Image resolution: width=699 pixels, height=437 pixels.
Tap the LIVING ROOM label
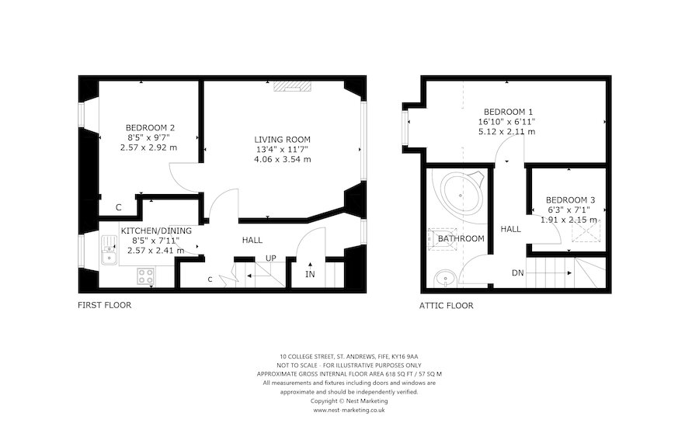click(282, 140)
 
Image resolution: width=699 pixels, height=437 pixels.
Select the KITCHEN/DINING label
click(156, 231)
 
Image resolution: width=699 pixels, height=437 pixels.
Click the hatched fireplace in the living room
click(291, 85)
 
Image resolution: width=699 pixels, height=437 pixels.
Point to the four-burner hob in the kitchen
click(145, 276)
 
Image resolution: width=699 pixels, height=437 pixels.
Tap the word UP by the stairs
click(270, 258)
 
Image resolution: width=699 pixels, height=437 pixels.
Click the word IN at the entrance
click(310, 275)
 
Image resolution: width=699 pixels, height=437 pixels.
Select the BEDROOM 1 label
click(508, 112)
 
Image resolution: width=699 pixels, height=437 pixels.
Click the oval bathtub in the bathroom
click(463, 195)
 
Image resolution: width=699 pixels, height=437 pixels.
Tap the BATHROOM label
click(461, 239)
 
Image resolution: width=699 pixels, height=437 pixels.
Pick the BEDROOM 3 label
click(570, 200)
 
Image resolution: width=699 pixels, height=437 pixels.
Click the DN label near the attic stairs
click(517, 273)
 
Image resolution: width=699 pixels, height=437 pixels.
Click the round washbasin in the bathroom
click(445, 279)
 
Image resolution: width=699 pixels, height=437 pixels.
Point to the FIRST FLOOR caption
click(104, 305)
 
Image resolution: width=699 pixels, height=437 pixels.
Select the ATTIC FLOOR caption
click(447, 306)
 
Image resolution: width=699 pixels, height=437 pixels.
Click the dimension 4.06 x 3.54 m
click(283, 159)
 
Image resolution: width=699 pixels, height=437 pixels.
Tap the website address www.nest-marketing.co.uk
click(349, 411)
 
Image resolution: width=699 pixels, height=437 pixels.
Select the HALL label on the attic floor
click(510, 229)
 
